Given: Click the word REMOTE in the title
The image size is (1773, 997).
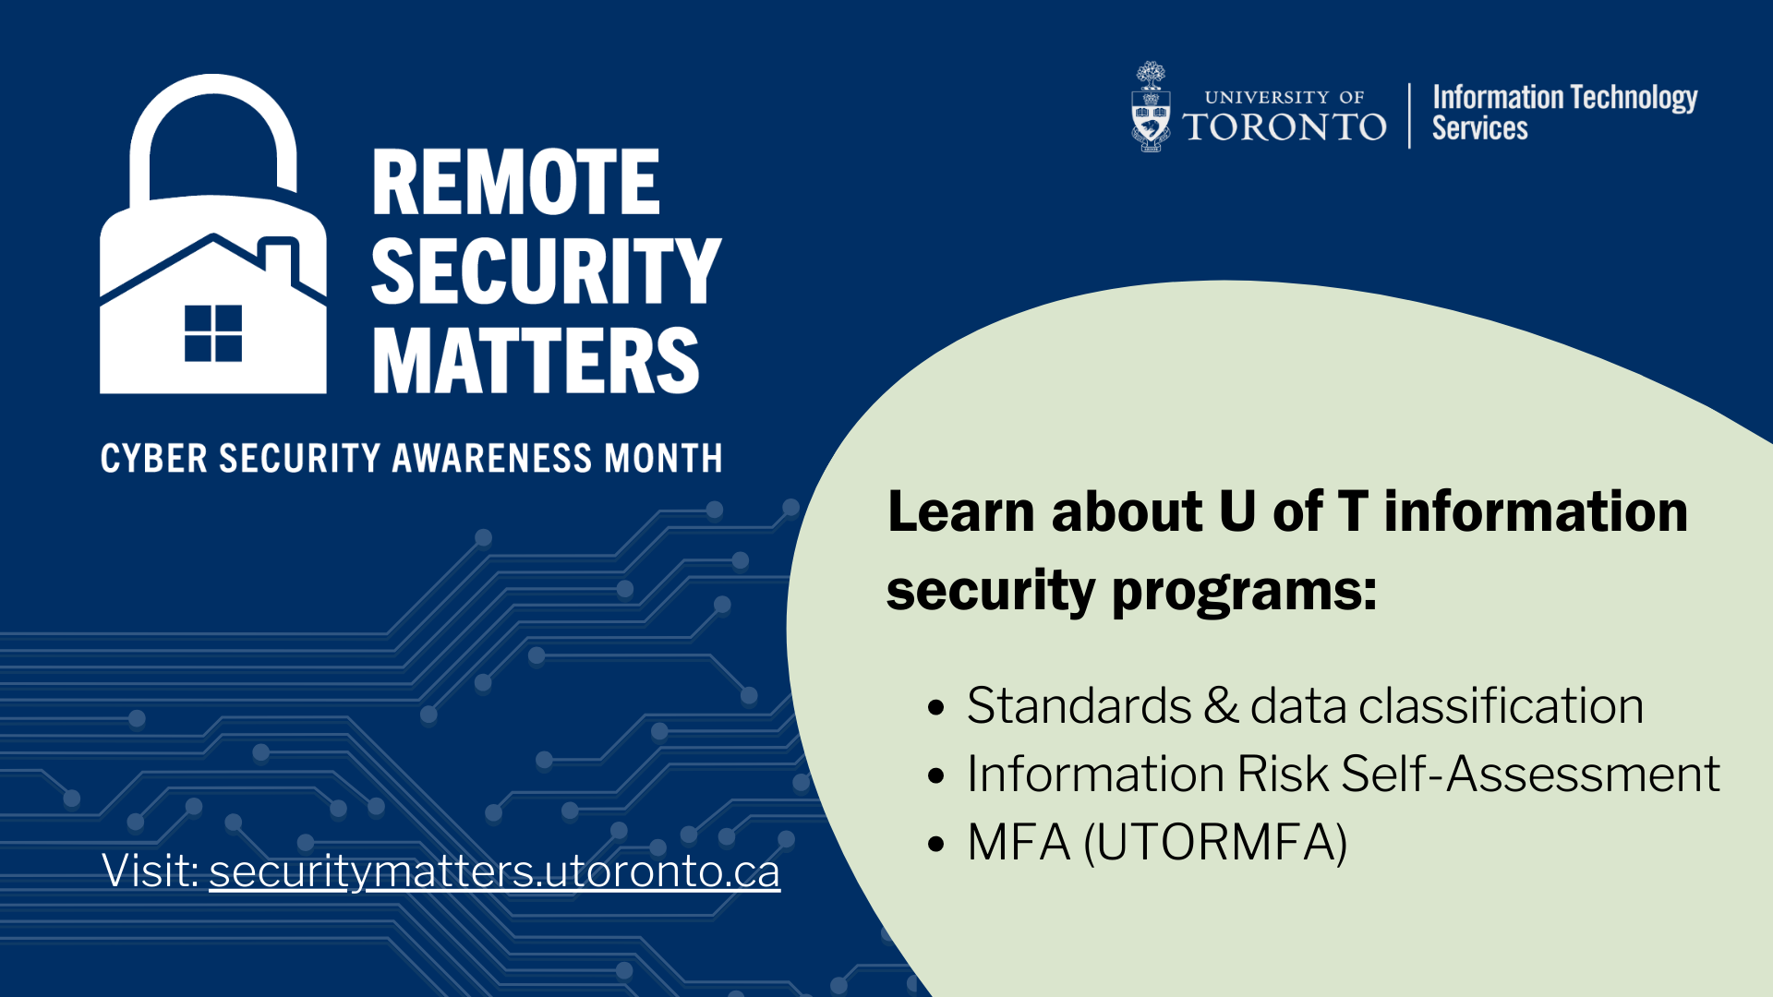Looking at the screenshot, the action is pos(515,183).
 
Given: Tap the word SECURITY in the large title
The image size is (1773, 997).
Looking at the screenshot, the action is pos(546,270).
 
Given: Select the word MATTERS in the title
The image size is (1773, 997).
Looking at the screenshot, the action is pos(536,360).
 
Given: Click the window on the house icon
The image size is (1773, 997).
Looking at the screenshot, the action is pos(213,333).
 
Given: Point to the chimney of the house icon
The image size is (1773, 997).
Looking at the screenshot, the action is pos(279,260).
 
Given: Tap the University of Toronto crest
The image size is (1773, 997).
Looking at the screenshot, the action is pos(1151,107).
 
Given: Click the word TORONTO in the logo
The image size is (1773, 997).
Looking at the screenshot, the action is pos(1285,127).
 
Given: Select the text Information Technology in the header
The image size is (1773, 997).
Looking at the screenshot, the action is pos(1564,98).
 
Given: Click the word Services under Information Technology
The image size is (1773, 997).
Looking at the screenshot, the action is pos(1479,128).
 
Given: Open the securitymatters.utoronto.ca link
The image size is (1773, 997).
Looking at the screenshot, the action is pos(494,871).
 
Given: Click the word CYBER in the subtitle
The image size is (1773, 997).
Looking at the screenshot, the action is pos(154,459).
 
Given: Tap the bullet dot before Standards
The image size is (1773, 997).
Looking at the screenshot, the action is pos(936,708).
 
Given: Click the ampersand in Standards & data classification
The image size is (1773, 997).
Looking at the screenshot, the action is pos(1221,706).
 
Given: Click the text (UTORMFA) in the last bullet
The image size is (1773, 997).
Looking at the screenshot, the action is pos(1215,843).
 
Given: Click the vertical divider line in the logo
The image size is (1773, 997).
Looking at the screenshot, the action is pos(1410,115).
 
